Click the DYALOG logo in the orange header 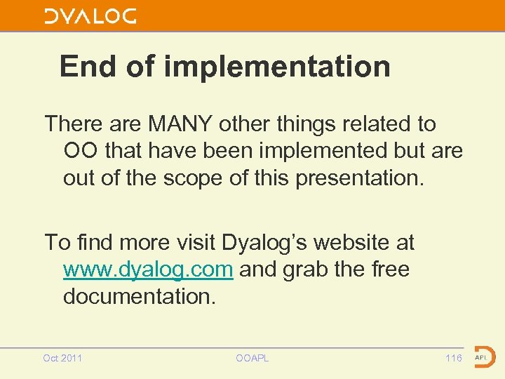click(90, 16)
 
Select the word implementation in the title click(277, 67)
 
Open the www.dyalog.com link click(148, 270)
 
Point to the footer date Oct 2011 click(62, 358)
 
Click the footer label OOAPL click(252, 358)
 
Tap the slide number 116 click(454, 358)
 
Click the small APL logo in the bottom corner click(483, 357)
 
